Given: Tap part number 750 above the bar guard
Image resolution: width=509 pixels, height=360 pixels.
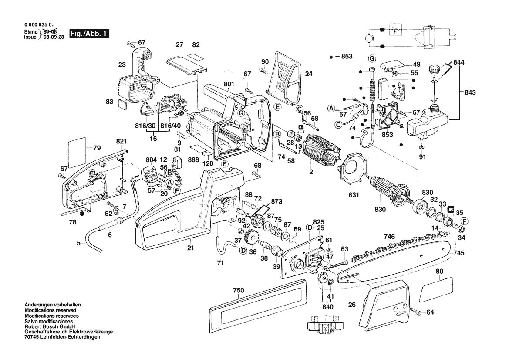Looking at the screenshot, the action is click(x=239, y=290).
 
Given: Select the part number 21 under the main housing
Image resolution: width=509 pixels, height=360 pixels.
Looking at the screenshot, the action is click(x=191, y=248).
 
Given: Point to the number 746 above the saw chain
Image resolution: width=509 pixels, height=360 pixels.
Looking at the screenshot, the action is click(x=389, y=237).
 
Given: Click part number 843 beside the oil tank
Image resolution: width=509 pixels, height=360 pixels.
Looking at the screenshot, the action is click(x=470, y=92).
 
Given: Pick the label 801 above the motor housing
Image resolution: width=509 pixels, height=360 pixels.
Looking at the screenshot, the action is click(x=229, y=84).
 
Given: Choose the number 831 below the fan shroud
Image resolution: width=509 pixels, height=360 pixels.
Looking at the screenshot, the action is click(x=354, y=195).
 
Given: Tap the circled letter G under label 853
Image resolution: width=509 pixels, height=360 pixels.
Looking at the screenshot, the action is click(x=372, y=58).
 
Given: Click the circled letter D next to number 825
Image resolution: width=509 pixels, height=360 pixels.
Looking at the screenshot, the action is click(x=310, y=228).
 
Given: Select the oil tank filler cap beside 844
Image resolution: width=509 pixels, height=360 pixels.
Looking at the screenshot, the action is click(x=434, y=69).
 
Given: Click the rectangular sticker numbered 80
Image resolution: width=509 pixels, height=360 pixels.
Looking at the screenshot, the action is click(x=436, y=290).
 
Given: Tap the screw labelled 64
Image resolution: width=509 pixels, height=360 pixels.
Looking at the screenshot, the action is click(x=415, y=311).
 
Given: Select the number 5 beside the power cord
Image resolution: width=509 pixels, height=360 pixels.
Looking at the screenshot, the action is click(x=78, y=242).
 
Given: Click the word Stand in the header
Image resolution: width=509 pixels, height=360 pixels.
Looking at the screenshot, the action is click(x=31, y=32).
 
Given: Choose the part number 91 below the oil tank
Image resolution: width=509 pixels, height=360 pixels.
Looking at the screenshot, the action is click(x=422, y=157).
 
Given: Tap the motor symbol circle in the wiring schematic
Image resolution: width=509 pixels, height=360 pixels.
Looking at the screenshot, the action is click(x=369, y=37).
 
